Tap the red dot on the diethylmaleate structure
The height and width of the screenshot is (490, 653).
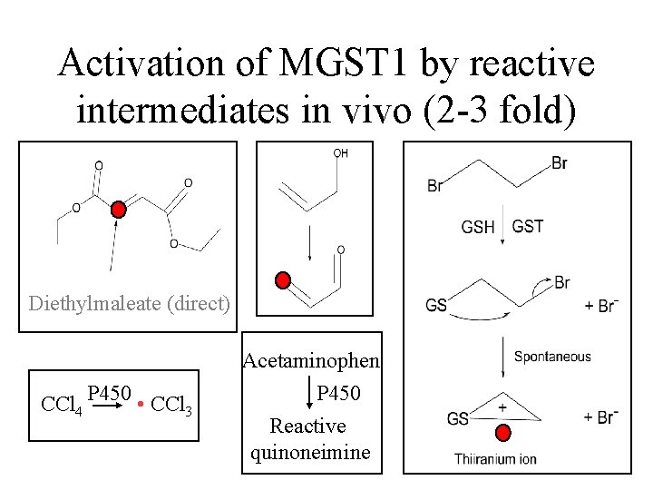(119, 211)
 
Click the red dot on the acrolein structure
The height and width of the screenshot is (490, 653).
(284, 279)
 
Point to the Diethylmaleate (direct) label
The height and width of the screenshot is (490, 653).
(129, 302)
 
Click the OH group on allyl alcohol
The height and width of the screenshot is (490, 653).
(340, 153)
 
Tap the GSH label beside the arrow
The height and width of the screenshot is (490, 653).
(478, 226)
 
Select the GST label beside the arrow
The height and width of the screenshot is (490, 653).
(528, 226)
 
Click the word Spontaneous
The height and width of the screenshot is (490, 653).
(552, 357)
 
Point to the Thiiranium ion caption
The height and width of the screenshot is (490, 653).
(496, 459)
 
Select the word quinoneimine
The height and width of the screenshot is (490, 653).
(310, 452)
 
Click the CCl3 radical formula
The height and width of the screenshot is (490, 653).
(171, 403)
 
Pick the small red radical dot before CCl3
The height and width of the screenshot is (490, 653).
(141, 403)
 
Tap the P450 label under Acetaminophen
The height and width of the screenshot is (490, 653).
(339, 394)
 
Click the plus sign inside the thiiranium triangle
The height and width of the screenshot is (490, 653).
(502, 408)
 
